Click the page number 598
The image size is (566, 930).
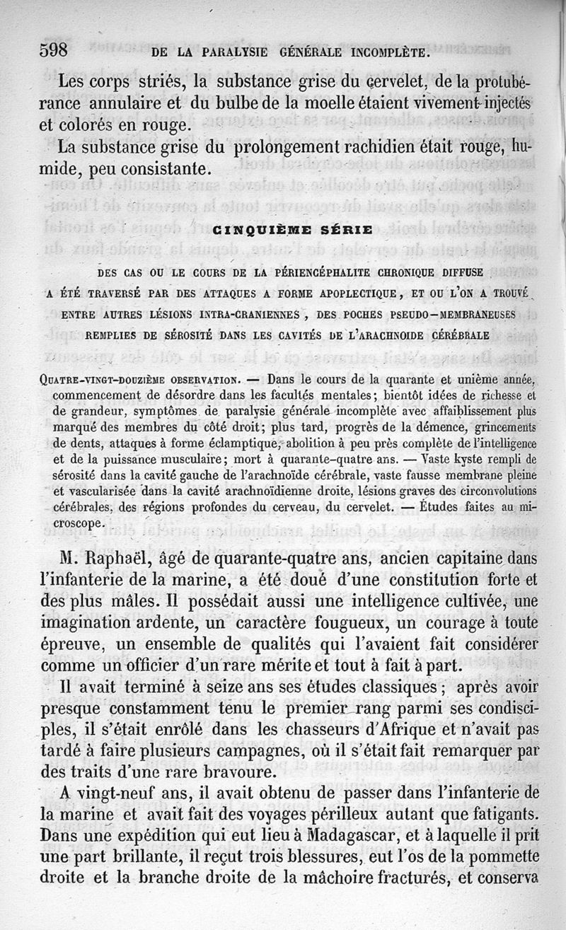click(53, 51)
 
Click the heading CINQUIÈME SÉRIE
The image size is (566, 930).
click(292, 230)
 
